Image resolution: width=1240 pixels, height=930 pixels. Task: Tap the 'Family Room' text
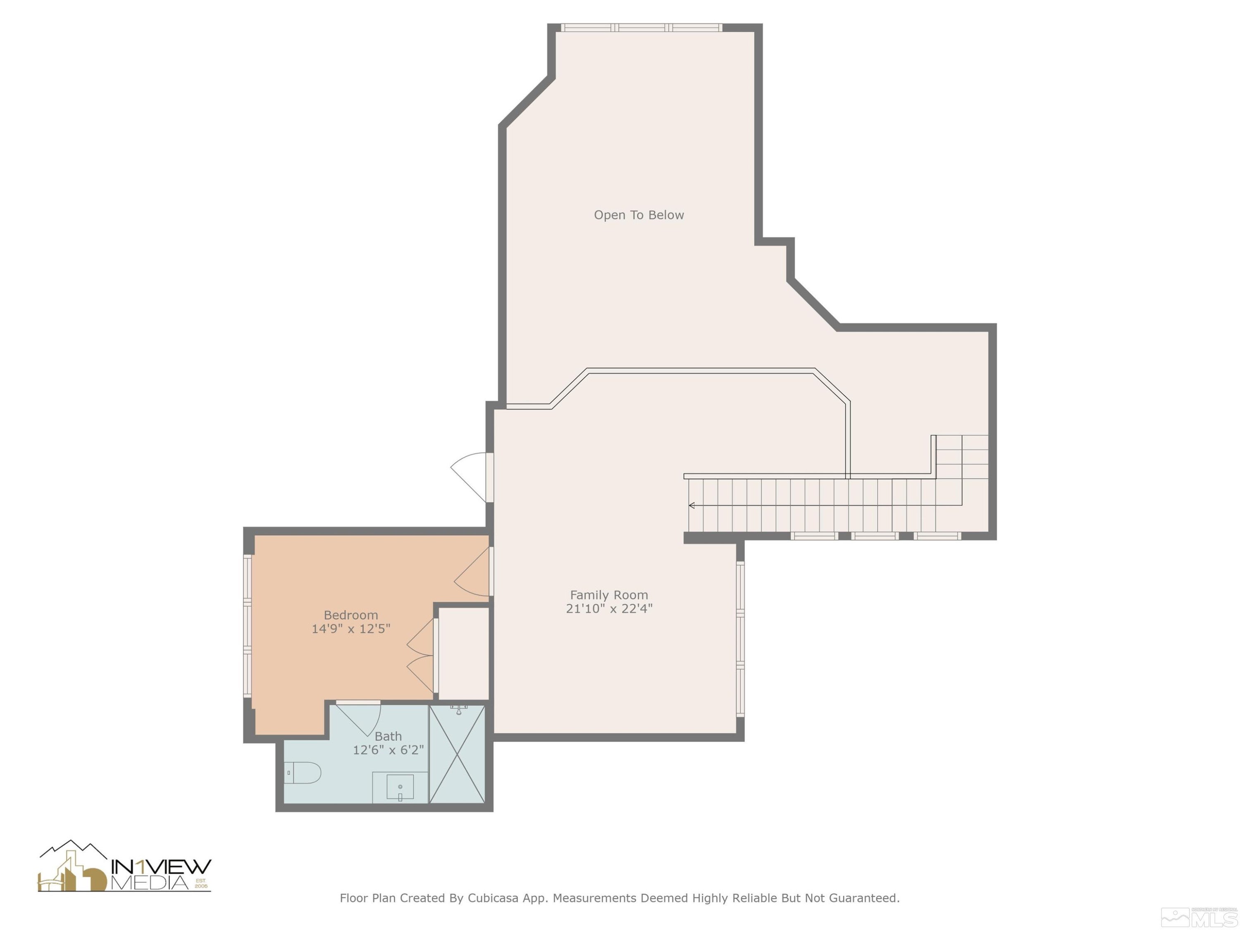609,595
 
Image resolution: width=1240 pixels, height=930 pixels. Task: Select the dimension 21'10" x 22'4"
609,609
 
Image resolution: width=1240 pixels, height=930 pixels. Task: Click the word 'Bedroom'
351,615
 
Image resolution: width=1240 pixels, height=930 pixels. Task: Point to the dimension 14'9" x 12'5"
351,629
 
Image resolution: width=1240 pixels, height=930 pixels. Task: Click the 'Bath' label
388,736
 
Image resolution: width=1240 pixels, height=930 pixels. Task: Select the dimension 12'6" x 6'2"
388,750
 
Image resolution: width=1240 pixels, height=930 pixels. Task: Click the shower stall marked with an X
457,754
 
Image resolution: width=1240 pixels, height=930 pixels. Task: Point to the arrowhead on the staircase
692,506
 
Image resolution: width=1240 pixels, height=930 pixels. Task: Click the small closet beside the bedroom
463,653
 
